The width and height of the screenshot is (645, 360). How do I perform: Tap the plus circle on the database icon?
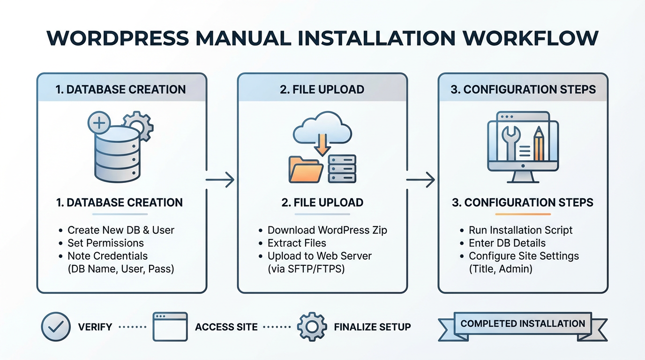[x=99, y=124]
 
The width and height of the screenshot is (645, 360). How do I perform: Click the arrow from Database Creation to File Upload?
[x=220, y=180]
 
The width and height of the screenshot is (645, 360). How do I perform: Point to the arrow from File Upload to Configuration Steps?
[x=420, y=180]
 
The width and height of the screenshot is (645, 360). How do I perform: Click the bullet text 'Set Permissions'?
[x=105, y=243]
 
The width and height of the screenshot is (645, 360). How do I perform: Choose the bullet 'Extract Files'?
[x=296, y=243]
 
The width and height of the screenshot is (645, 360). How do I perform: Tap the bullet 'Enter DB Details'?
[x=507, y=243]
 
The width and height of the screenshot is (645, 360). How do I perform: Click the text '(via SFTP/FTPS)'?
[x=306, y=269]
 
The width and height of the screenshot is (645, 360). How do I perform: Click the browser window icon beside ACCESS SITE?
[x=170, y=327]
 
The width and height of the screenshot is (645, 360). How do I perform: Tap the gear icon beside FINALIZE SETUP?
[x=312, y=327]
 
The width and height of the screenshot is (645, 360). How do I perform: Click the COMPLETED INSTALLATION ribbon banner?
[x=523, y=324]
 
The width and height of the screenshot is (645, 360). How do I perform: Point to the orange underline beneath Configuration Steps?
[x=523, y=214]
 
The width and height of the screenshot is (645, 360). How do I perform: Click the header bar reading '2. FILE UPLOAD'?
[x=322, y=89]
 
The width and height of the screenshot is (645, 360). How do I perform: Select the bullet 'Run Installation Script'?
[x=520, y=230]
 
